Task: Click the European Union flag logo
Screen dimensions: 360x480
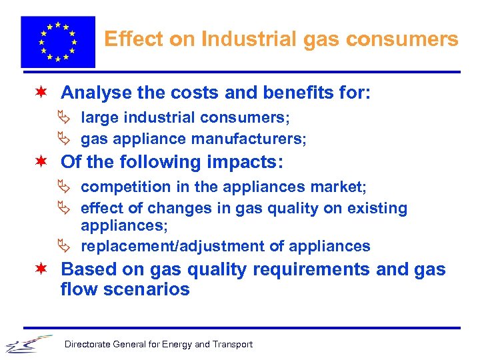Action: (58, 41)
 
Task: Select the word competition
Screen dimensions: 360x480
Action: (121, 187)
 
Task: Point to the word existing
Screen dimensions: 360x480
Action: (377, 208)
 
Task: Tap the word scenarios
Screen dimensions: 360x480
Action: (147, 289)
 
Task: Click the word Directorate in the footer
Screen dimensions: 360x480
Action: (87, 345)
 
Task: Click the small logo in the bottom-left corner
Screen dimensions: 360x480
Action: (28, 343)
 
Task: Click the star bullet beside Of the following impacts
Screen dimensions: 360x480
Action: (42, 162)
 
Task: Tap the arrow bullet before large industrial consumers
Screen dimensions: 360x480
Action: (65, 118)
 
